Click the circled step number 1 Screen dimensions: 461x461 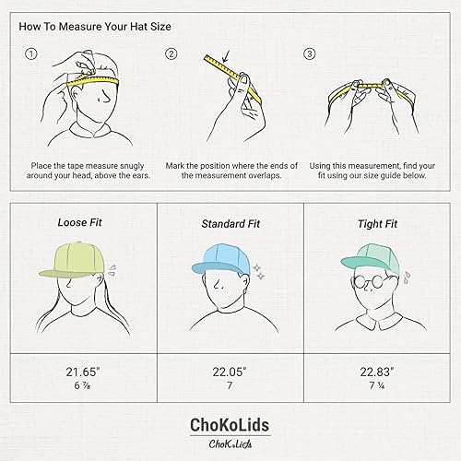click(31, 53)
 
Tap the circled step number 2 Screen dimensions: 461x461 click(171, 53)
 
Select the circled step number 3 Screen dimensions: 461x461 click(309, 53)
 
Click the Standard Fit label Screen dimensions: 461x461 click(230, 224)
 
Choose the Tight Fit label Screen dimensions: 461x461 click(377, 224)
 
